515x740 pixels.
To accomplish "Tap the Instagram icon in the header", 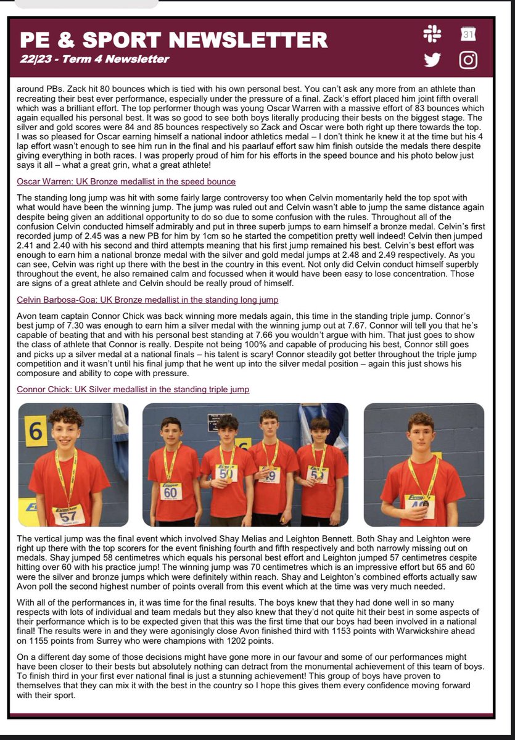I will click(469, 59).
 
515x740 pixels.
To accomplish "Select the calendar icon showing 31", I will click(469, 35).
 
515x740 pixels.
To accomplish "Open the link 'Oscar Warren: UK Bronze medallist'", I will click(126, 181).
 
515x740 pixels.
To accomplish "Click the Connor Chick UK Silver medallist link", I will click(133, 390).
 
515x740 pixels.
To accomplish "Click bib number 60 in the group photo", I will click(170, 491).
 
